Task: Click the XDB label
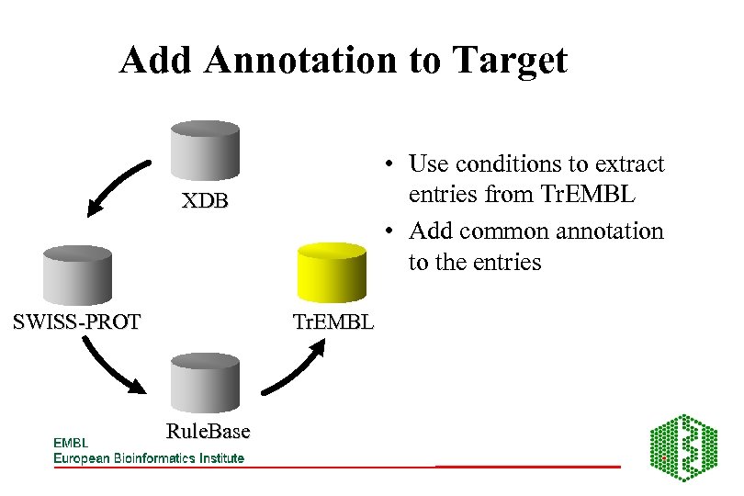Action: (204, 200)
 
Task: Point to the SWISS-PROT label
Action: (76, 321)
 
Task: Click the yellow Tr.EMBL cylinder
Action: (333, 273)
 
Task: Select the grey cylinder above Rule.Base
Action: (207, 385)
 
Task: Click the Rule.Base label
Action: (209, 431)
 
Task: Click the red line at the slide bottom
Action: (527, 468)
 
